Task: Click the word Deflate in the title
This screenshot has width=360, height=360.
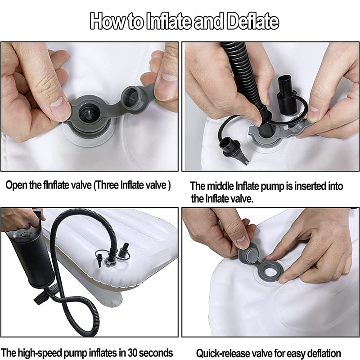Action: click(x=252, y=21)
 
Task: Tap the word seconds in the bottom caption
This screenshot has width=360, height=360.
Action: click(x=156, y=352)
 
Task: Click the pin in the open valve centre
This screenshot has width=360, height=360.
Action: click(x=89, y=114)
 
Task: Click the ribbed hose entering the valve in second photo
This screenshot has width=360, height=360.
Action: click(x=243, y=73)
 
